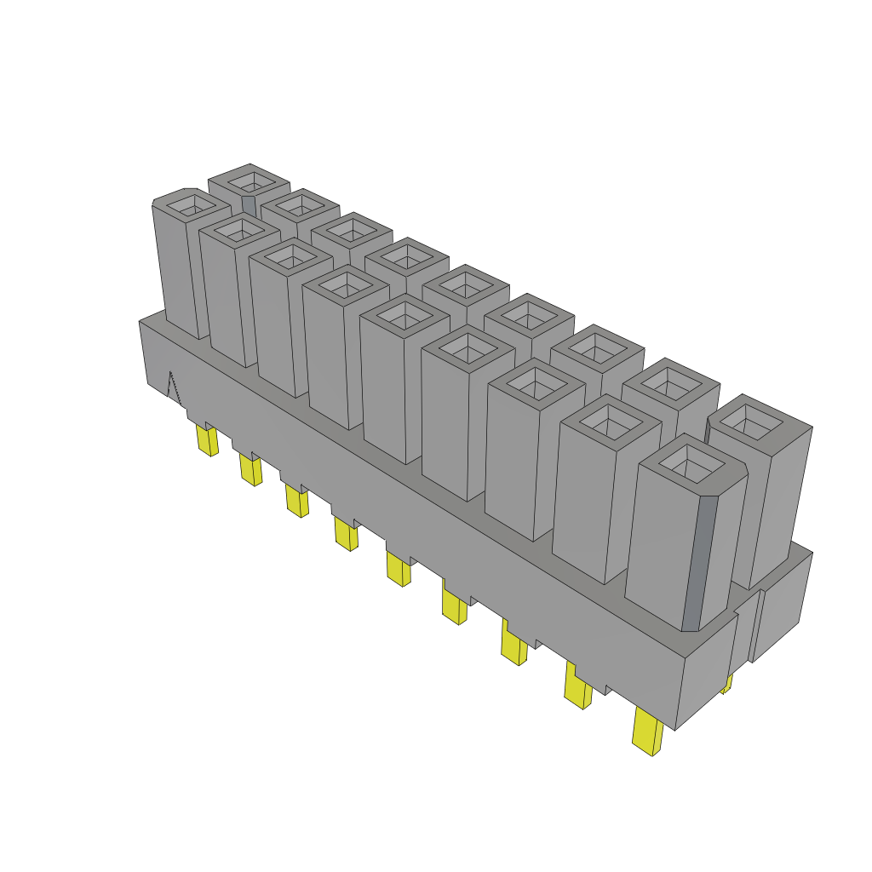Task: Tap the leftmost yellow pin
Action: tap(206, 440)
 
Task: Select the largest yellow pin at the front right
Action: tap(649, 733)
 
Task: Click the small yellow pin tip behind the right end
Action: tap(726, 684)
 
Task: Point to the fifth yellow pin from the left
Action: tap(398, 569)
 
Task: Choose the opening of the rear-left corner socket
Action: tap(249, 181)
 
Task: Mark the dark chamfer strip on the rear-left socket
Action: tap(249, 205)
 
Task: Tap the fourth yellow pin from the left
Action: tap(347, 535)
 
